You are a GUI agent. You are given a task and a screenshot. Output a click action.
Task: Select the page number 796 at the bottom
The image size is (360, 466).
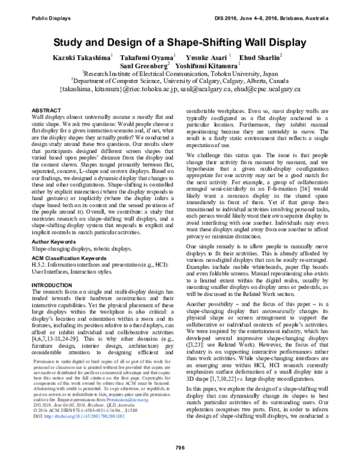[179, 446]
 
